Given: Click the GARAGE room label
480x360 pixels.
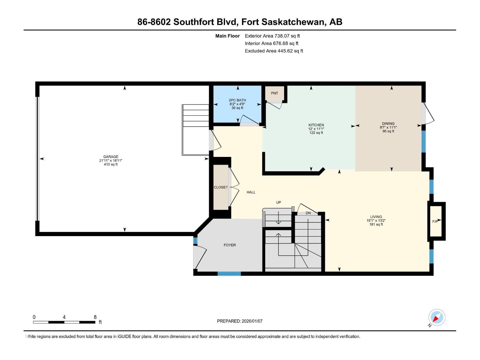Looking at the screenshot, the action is [111, 157].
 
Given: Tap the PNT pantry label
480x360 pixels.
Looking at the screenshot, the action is [274, 93].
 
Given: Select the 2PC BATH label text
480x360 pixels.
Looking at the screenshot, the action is [237, 100].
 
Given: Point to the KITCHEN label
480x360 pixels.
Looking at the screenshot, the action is [316, 125].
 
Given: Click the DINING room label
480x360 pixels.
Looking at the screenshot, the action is [388, 124].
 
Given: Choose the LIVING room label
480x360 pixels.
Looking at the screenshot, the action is [376, 217].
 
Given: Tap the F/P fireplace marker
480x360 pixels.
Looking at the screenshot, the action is [435, 221].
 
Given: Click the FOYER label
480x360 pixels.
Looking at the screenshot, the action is [229, 245].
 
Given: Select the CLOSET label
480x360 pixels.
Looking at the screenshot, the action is [220, 187].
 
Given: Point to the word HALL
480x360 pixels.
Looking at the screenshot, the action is [251, 192].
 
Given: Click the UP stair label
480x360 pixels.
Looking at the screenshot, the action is [278, 202].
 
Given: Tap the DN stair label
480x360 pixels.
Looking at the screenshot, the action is [308, 213].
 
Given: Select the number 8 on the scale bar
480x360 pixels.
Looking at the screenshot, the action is [95, 317].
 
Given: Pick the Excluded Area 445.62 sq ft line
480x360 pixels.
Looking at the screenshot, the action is [274, 51].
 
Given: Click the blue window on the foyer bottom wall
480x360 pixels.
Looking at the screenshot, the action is [229, 274].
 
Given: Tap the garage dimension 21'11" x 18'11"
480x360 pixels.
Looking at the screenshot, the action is [111, 160].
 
